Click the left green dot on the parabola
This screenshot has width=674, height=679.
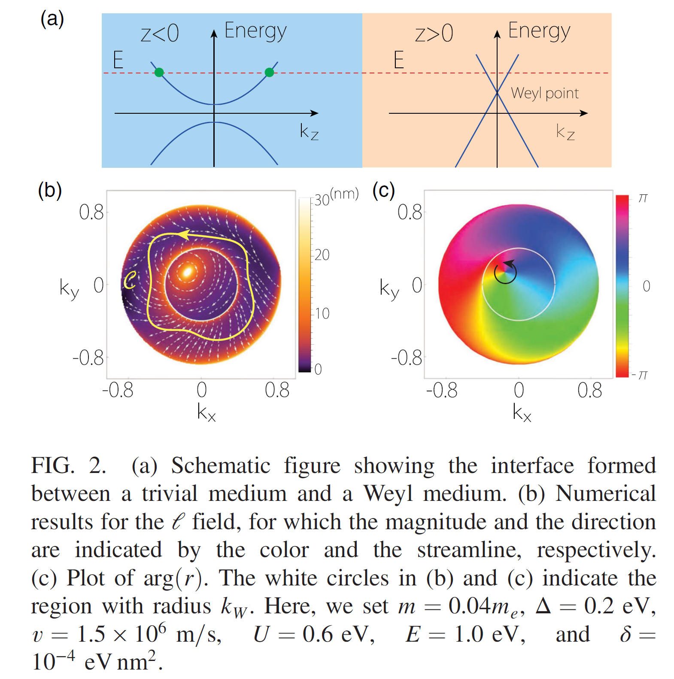point(159,72)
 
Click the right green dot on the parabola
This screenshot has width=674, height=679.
point(269,72)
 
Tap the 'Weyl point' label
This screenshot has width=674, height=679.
point(544,93)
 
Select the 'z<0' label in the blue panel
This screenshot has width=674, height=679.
point(159,33)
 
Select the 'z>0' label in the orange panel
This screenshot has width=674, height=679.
point(434,33)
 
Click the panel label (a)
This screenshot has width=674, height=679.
point(52,19)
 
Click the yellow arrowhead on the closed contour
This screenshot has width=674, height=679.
point(184,234)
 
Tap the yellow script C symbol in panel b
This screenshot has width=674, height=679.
point(130,280)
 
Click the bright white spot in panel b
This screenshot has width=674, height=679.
point(187,272)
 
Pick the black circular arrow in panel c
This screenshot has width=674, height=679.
point(505,272)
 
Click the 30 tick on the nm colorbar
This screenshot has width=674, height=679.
point(322,200)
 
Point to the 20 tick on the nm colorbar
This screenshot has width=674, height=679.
point(322,255)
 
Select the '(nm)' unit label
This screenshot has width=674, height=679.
point(344,194)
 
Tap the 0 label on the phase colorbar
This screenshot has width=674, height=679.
point(646,286)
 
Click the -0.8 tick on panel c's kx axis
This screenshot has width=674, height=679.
point(441,391)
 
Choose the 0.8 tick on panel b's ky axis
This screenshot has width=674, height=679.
point(91,212)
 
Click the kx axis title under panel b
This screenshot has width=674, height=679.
point(206,412)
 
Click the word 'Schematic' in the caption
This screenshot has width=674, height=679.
point(221,466)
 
